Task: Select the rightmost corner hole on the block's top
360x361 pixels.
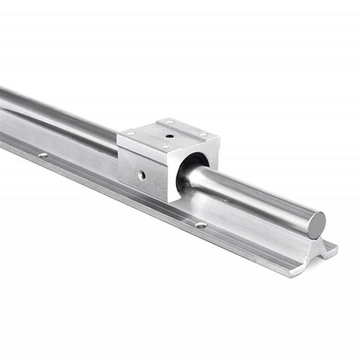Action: [x=203, y=135]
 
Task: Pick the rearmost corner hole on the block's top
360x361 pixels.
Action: [x=170, y=122]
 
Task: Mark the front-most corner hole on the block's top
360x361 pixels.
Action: [x=165, y=147]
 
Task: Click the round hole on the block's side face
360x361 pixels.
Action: [x=141, y=175]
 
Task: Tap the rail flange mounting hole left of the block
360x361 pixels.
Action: [x=43, y=155]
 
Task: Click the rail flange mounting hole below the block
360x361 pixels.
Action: [x=201, y=224]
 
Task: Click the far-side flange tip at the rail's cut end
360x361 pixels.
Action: [x=332, y=245]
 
